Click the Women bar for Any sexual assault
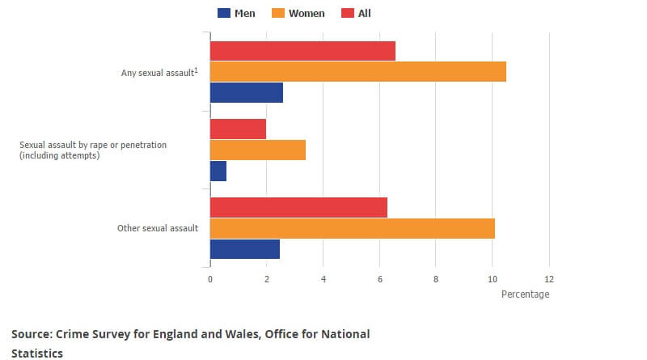point(357,72)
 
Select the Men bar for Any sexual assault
point(246,92)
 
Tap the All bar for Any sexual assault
point(302,51)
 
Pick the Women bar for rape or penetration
point(257,150)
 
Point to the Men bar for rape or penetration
point(218,171)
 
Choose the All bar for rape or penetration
point(238,129)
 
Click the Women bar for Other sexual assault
point(352,228)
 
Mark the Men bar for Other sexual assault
point(244,249)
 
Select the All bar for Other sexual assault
point(298,207)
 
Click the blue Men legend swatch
point(224,13)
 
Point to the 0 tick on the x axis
point(210,279)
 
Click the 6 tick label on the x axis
point(379,279)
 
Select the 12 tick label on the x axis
point(549,279)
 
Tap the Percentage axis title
point(525,294)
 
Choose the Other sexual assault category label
point(158,228)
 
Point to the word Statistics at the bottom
point(37,353)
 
